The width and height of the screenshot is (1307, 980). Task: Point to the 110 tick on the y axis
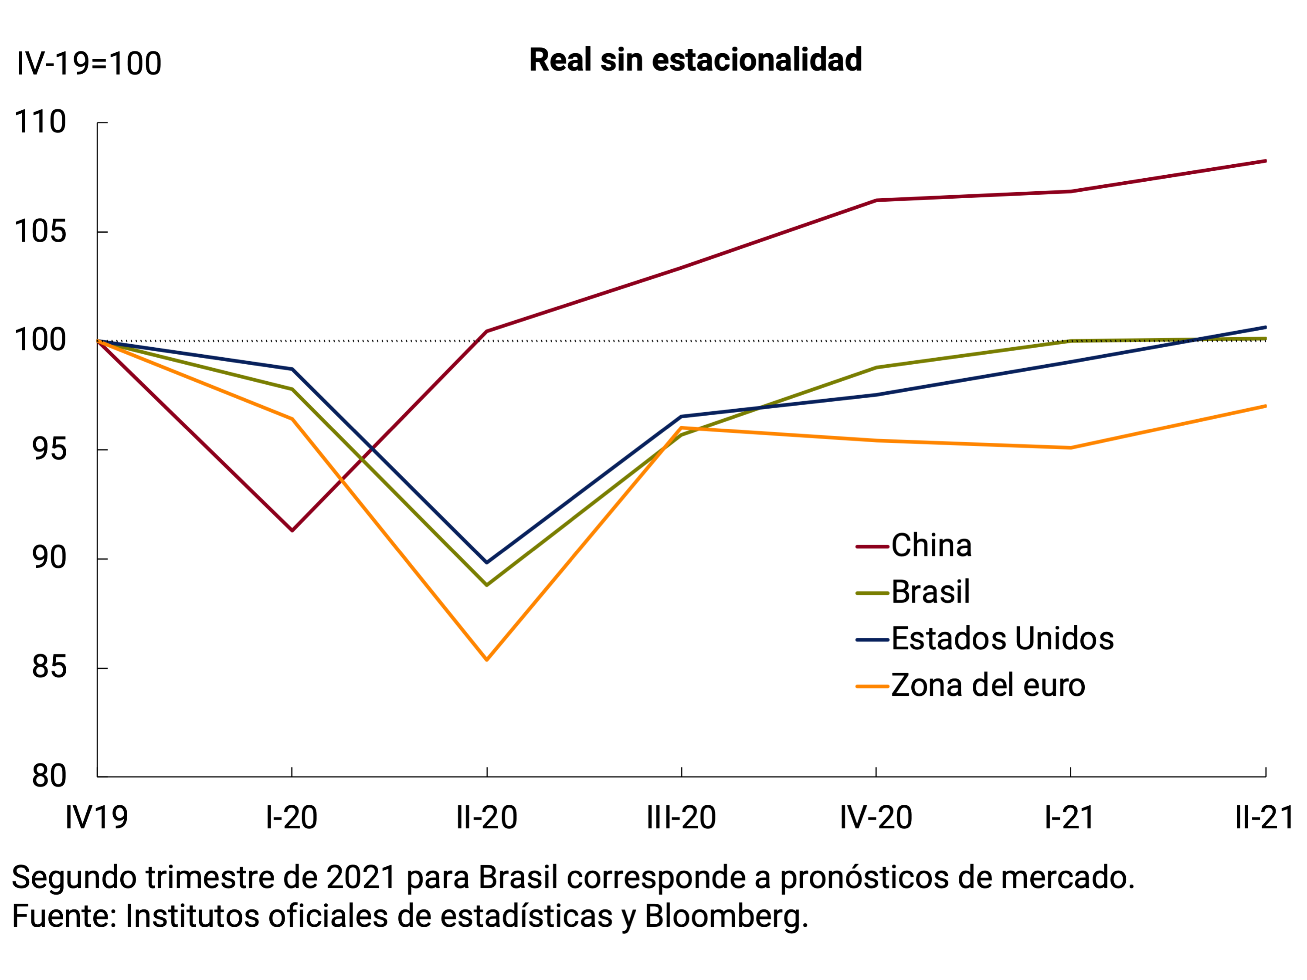tap(40, 122)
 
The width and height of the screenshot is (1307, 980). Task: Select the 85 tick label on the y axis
tap(49, 667)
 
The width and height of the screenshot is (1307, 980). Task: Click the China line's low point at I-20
tap(292, 530)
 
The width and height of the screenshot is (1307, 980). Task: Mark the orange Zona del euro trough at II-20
tap(486, 660)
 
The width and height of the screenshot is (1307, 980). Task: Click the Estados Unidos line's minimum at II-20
tap(486, 563)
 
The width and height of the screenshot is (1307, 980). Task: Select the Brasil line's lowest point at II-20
tap(486, 585)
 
